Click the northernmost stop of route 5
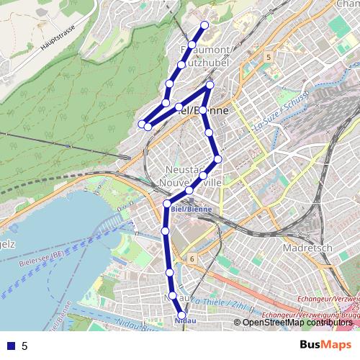coord(204,26)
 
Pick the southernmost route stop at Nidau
coord(180,312)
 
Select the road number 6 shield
coord(192,257)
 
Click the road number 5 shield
coord(268,56)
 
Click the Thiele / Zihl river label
coord(216,302)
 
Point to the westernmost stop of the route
coord(142,125)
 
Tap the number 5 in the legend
coord(24,346)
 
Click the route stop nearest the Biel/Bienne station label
coord(189,191)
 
